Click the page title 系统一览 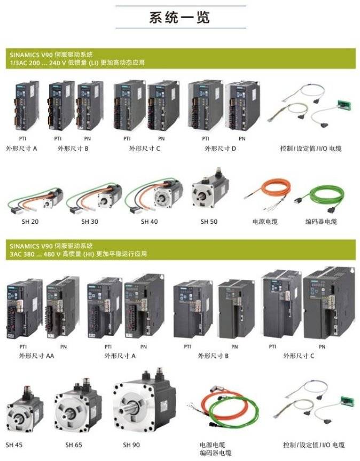179,17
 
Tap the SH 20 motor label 30,221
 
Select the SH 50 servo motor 210,189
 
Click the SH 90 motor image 145,400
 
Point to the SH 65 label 74,445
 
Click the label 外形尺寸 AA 36,356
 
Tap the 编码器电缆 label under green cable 321,221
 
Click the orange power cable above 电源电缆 268,193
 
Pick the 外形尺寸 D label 220,149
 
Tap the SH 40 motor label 149,221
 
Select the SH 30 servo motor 94,198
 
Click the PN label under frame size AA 64,347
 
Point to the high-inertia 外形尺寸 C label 299,356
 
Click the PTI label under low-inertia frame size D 206,138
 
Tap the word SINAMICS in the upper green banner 25,54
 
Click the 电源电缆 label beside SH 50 265,221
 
